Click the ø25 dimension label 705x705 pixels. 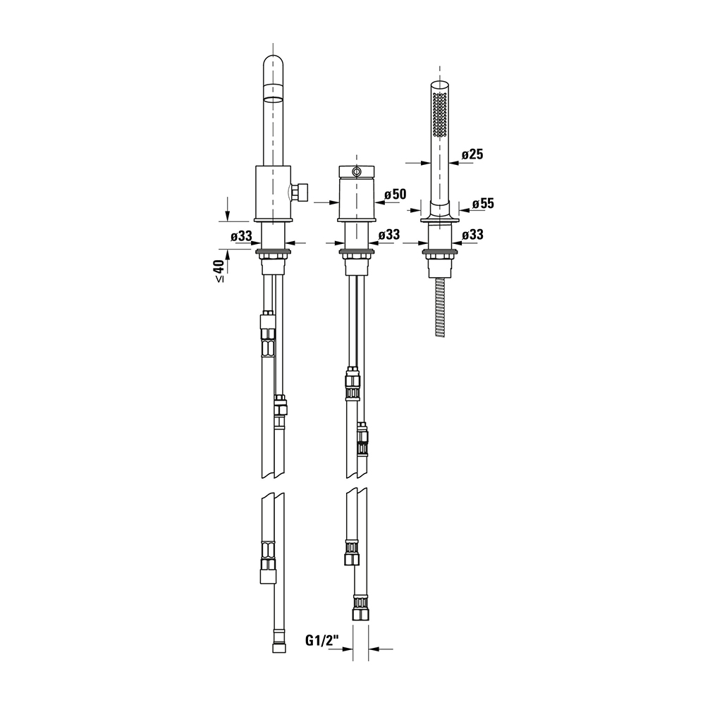coord(472,154)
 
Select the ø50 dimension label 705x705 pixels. coord(396,195)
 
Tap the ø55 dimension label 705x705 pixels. coord(483,204)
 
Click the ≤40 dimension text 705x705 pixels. coord(219,271)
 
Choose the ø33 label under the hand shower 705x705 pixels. coord(472,234)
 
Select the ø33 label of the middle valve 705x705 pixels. coord(389,235)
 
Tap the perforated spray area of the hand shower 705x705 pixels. coord(440,114)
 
